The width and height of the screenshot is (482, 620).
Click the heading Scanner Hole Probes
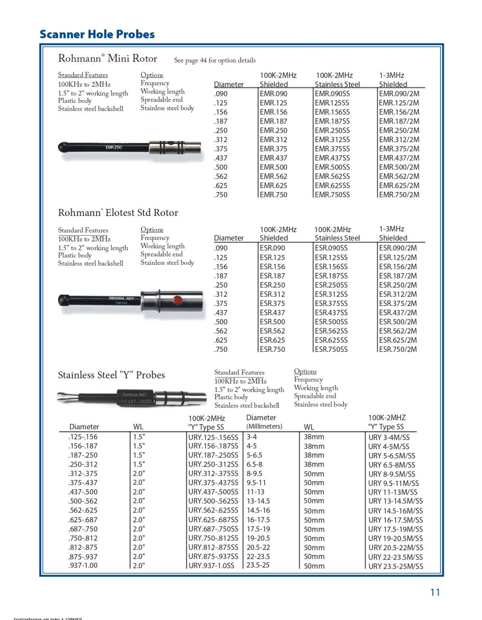pos(97,34)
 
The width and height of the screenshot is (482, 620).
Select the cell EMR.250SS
pos(332,130)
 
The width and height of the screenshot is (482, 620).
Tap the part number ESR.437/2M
pos(398,312)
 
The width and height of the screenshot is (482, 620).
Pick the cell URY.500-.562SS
pos(213,501)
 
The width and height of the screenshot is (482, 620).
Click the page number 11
pos(435,592)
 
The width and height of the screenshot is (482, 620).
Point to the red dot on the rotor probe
pos(177,300)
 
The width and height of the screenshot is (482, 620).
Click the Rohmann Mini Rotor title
pos(108,59)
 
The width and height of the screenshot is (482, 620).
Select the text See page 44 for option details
pos(215,60)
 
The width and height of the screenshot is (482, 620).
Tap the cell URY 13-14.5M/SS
pos(395,501)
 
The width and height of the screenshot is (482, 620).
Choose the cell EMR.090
pos(273,94)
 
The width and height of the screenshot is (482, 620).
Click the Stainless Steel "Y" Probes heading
pos(111,375)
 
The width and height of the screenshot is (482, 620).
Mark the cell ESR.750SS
pos(331,349)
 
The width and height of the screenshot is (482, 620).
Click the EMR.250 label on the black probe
pos(114,147)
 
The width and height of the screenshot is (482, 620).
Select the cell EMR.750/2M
pos(399,195)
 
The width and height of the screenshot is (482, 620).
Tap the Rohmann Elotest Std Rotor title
pos(118,213)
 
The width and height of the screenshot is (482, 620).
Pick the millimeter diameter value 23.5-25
pos(258,565)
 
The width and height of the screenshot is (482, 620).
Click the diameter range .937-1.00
pos(83,565)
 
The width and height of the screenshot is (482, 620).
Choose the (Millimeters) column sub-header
pos(264,427)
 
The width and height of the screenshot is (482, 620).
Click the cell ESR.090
pos(272,248)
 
